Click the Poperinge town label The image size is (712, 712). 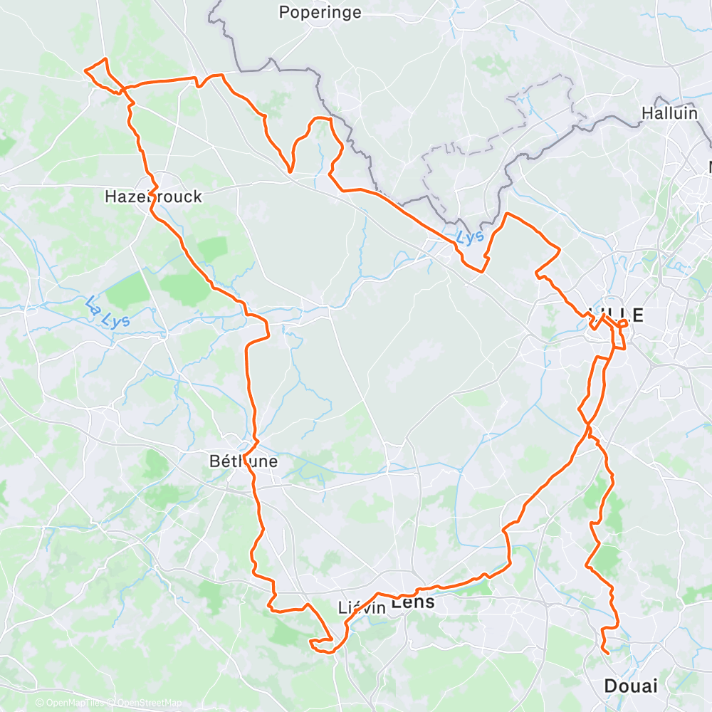(x=320, y=12)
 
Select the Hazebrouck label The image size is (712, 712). (x=153, y=196)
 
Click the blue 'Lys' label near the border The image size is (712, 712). (x=471, y=236)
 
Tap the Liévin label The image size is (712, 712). (x=362, y=607)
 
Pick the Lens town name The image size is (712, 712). (x=413, y=602)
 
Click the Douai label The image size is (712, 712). (x=630, y=686)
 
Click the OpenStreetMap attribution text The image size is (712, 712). (x=147, y=703)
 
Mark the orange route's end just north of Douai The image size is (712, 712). (x=608, y=652)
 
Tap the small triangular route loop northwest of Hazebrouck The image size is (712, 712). (x=100, y=73)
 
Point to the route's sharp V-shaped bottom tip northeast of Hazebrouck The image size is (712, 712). (x=290, y=171)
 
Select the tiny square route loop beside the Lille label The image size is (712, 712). (x=623, y=325)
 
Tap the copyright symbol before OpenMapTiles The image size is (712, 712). (x=41, y=703)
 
